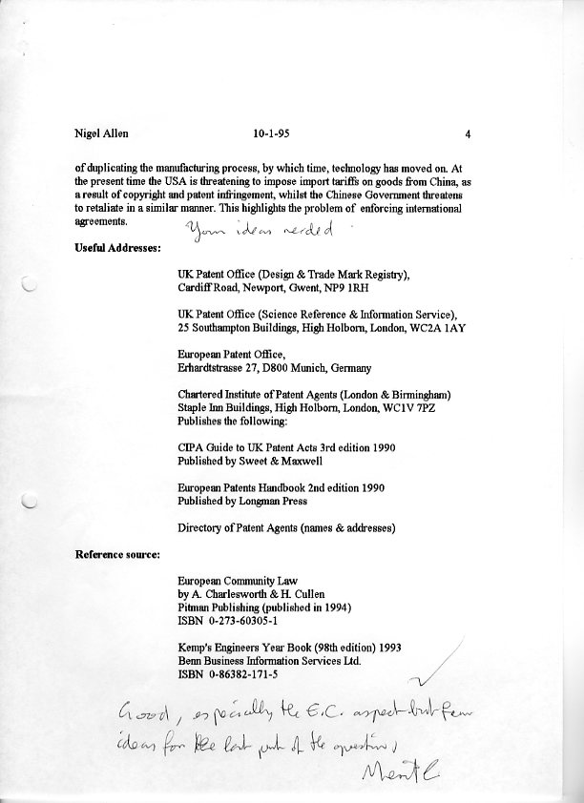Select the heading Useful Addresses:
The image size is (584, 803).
[x=117, y=249]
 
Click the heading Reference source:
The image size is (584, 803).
[x=117, y=553]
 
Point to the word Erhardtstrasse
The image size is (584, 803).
[x=216, y=368]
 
